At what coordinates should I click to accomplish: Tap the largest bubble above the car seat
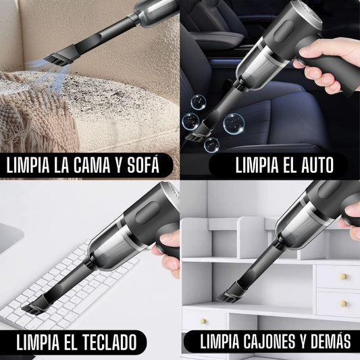232,124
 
